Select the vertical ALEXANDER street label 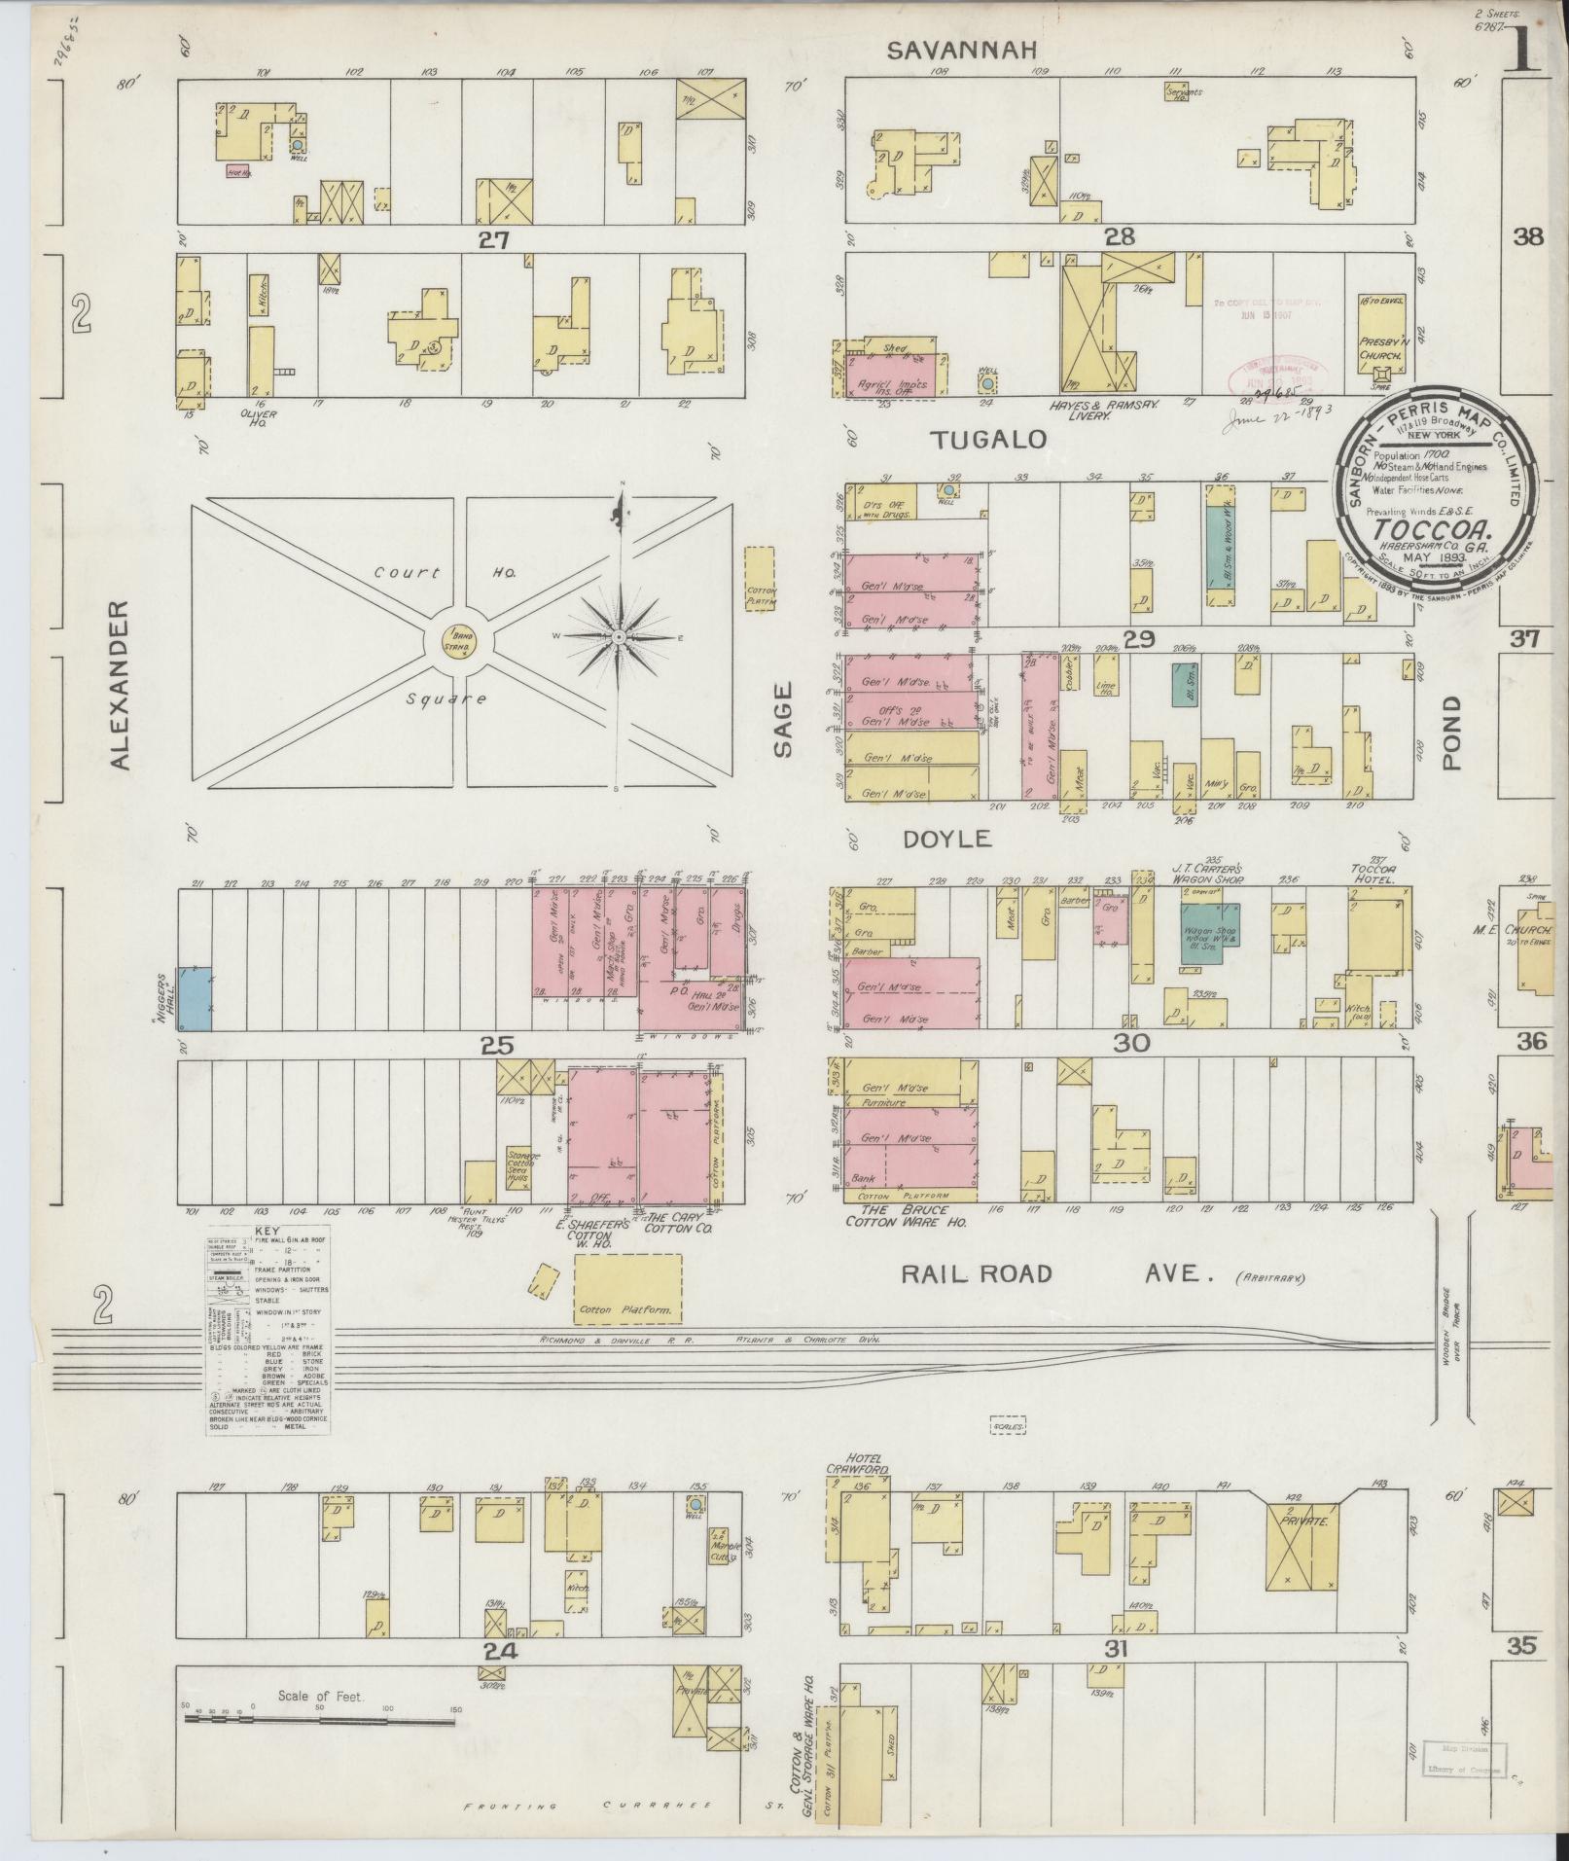pos(120,685)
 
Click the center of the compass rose pos(619,637)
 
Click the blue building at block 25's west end pos(196,998)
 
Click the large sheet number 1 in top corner pos(1524,45)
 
